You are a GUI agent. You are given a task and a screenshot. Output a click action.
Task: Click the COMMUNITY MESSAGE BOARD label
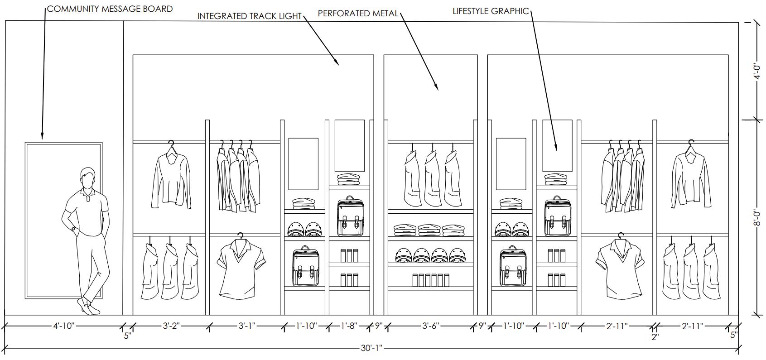pyautogui.click(x=110, y=9)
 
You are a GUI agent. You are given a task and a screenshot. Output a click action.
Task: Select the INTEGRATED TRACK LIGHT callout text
pyautogui.click(x=250, y=16)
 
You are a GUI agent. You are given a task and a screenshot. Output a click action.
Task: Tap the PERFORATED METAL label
pyautogui.click(x=358, y=14)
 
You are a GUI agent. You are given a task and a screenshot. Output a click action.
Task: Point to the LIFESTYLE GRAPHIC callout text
pyautogui.click(x=491, y=11)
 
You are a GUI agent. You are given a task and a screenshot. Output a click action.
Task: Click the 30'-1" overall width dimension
pyautogui.click(x=372, y=348)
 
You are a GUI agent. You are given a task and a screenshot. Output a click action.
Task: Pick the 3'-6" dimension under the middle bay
pyautogui.click(x=431, y=326)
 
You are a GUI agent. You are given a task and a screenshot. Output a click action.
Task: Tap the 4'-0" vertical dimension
pyautogui.click(x=755, y=71)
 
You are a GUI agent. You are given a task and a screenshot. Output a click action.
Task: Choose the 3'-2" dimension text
pyautogui.click(x=171, y=326)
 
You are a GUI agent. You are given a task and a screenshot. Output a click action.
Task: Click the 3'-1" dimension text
pyautogui.click(x=247, y=326)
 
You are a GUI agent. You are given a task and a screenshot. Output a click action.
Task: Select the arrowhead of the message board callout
pyautogui.click(x=42, y=137)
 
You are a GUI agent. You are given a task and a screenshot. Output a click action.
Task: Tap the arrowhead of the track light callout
pyautogui.click(x=337, y=64)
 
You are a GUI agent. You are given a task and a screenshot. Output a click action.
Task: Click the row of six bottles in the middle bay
pyautogui.click(x=430, y=280)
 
